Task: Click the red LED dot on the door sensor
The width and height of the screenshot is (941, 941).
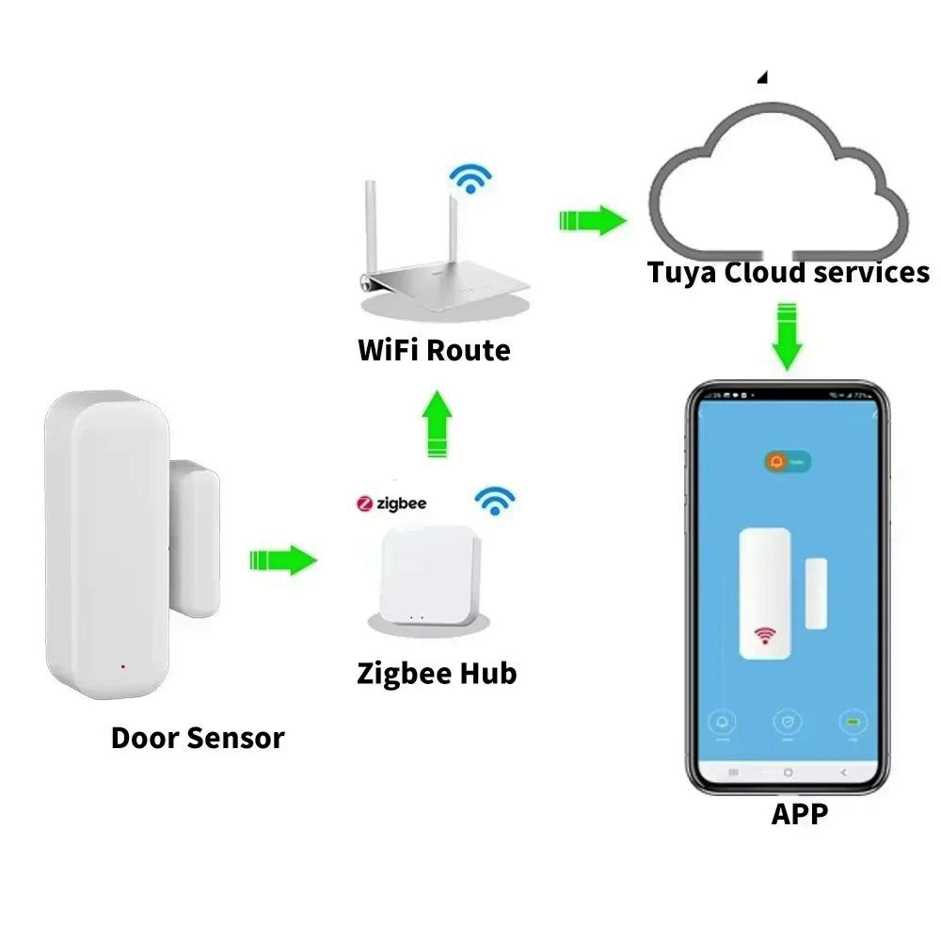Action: tap(123, 667)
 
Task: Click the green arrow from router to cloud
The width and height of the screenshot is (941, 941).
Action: tap(592, 221)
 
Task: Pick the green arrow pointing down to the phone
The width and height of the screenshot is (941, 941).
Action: tap(788, 336)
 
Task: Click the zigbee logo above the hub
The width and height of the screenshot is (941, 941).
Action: tap(391, 503)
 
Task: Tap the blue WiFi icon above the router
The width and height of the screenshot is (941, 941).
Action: tap(468, 177)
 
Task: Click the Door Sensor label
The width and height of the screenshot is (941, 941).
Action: tap(198, 737)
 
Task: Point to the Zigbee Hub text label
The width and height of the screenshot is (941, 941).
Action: tap(437, 674)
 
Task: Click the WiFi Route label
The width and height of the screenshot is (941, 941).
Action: tap(434, 350)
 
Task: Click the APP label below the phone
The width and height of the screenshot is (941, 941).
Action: tap(800, 813)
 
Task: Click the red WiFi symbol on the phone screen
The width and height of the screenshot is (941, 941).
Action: tap(764, 636)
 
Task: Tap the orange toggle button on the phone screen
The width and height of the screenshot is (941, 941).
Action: tap(787, 462)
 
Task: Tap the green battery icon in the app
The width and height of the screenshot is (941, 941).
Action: tap(853, 723)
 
